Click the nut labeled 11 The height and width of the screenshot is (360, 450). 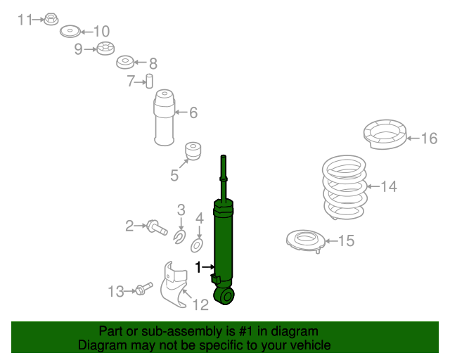(51, 19)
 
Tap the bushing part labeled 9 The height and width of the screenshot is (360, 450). (105, 49)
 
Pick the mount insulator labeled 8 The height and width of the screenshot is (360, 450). (124, 62)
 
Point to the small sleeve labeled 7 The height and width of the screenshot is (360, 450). (149, 81)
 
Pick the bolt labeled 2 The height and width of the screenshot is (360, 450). (155, 226)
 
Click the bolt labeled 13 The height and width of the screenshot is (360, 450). (143, 290)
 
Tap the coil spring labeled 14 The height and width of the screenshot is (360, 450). (344, 188)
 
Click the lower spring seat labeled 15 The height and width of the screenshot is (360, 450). (304, 242)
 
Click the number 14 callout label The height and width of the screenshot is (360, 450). (389, 186)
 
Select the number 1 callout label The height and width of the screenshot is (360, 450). (198, 267)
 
